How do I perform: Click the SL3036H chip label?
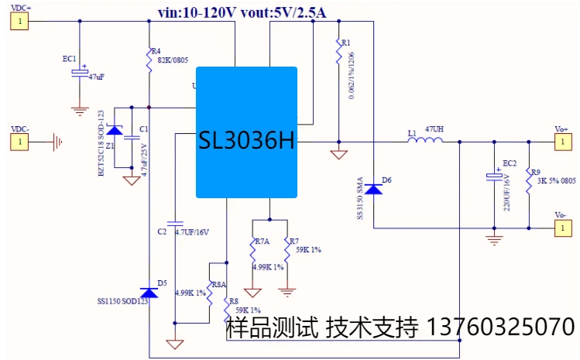click(x=246, y=142)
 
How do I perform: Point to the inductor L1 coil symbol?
click(x=425, y=141)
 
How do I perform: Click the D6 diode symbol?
click(x=374, y=188)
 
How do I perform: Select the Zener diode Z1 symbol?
click(x=114, y=129)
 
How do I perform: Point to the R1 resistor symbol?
click(x=338, y=52)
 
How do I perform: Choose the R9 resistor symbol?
click(x=529, y=175)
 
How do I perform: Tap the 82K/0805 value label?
click(x=173, y=60)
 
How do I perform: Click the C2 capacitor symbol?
click(x=176, y=223)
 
